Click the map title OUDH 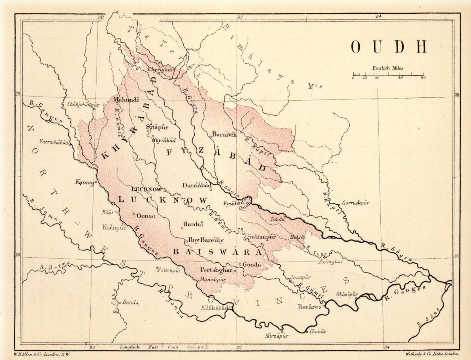point(389,47)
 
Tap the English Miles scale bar point(388,75)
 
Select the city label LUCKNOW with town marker point(147,189)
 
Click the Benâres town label point(310,307)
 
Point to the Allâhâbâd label point(214,308)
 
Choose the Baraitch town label point(224,135)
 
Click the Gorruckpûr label point(356,203)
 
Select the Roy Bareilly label point(206,240)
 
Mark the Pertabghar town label point(216,270)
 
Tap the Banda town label point(131,302)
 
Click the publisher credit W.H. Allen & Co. point(41,354)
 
